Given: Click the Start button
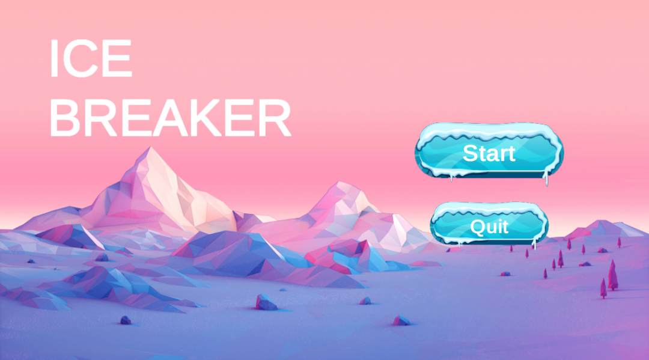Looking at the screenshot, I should pyautogui.click(x=489, y=153).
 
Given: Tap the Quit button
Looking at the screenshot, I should pyautogui.click(x=489, y=227).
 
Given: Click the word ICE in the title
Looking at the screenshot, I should pyautogui.click(x=90, y=59).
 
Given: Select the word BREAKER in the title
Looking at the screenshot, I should pyautogui.click(x=170, y=118).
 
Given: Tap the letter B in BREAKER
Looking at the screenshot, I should pyautogui.click(x=64, y=118).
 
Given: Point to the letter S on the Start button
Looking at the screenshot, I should pyautogui.click(x=471, y=153).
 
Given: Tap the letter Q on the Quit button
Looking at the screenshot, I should pyautogui.click(x=478, y=227).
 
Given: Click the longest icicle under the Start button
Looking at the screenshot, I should pyautogui.click(x=546, y=178).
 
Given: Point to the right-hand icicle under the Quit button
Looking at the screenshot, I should pyautogui.click(x=534, y=243).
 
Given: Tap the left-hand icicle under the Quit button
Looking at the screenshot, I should pyautogui.click(x=460, y=243).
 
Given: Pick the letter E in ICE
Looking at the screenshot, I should pyautogui.click(x=117, y=59).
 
